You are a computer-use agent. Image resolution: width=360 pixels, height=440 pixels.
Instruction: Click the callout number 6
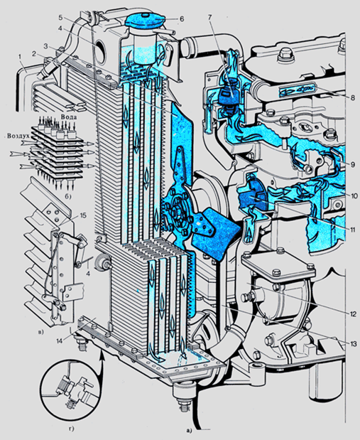click(182, 18)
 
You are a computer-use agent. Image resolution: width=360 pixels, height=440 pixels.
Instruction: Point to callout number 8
click(352, 97)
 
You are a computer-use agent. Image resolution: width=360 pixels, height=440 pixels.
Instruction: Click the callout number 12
click(353, 313)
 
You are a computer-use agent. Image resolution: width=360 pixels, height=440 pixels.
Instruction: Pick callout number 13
click(353, 343)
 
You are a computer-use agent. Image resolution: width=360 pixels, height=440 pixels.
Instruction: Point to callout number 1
click(20, 57)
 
